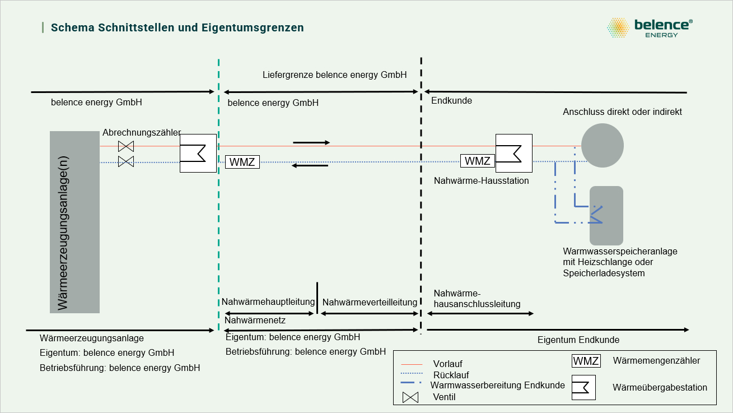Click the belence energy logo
[x=650, y=27]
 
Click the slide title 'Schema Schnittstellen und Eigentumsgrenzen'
[x=177, y=27]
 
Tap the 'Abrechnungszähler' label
[x=141, y=133]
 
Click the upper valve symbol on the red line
[x=126, y=147]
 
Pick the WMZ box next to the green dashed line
[x=242, y=162]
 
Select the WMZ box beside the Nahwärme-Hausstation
[x=477, y=161]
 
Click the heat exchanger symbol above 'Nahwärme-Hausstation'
[x=513, y=153]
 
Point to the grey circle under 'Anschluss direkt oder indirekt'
[x=603, y=145]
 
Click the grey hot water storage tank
[x=606, y=215]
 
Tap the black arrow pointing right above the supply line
[x=311, y=142]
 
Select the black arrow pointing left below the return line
[x=311, y=165]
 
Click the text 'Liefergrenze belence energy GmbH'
[x=334, y=75]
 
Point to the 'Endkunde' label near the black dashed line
[x=451, y=101]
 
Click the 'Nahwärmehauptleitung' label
[x=268, y=302]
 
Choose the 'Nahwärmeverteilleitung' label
[x=370, y=302]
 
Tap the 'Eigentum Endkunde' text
[x=578, y=340]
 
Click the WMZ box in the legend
[x=586, y=361]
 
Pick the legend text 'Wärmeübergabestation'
[x=660, y=387]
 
